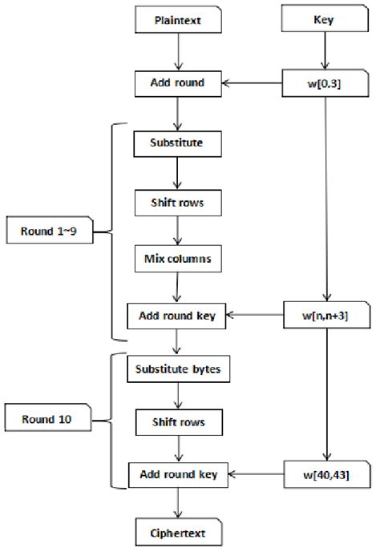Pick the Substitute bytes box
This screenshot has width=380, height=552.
(x=178, y=371)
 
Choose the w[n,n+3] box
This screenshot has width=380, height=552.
(x=325, y=316)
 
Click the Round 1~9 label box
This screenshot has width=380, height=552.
(x=50, y=233)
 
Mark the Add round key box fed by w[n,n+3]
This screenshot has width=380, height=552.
(x=178, y=316)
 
